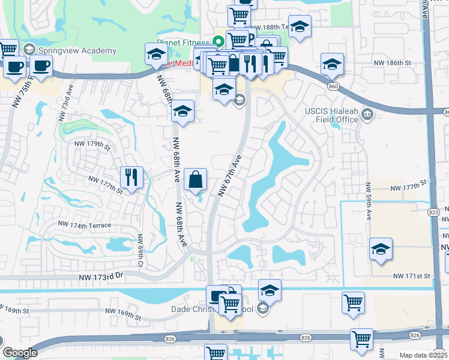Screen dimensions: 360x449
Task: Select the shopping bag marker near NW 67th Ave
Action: (x=197, y=179)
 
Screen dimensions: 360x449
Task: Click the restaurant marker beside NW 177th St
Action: (x=131, y=177)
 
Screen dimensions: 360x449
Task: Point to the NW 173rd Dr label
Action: (x=100, y=277)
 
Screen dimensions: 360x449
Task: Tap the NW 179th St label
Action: (x=93, y=145)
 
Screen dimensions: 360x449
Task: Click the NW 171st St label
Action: (x=412, y=276)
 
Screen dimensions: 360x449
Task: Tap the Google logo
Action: (x=20, y=353)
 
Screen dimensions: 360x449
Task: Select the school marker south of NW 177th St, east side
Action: (x=381, y=249)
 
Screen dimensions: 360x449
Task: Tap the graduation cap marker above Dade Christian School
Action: (x=270, y=290)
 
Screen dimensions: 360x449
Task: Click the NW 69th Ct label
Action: (x=140, y=250)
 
